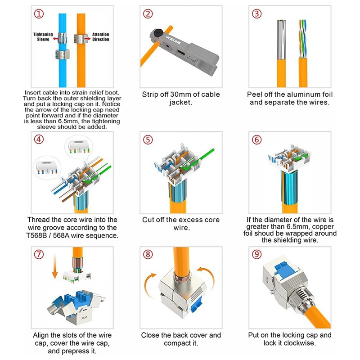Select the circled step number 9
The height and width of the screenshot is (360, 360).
[x=256, y=254]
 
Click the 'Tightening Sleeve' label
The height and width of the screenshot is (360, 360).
[x=44, y=37]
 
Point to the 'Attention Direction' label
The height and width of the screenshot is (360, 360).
[x=101, y=37]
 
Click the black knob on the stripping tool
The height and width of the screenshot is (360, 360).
[x=158, y=32]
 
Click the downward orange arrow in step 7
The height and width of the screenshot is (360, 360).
[x=54, y=270]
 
